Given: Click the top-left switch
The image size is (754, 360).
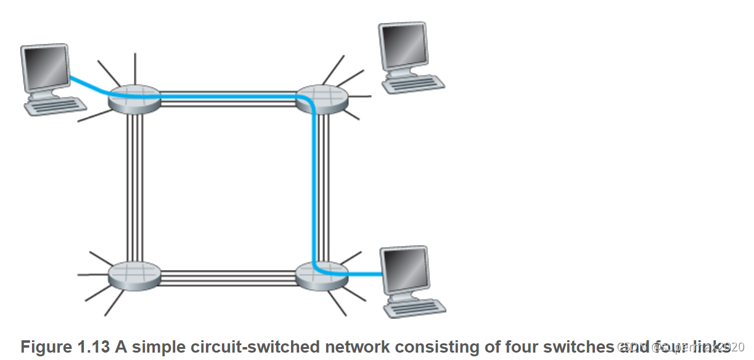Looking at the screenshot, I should coord(134,99).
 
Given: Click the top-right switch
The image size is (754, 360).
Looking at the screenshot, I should coord(322,99).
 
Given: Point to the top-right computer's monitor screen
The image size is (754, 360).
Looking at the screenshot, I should coord(403,47).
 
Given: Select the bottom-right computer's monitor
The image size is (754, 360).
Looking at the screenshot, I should coord(404,270).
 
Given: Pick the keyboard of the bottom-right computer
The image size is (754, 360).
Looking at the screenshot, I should coord(414,306).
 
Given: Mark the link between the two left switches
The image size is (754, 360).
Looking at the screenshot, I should coord(134,185).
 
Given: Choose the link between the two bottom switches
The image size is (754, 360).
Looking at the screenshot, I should coord(228,277).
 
